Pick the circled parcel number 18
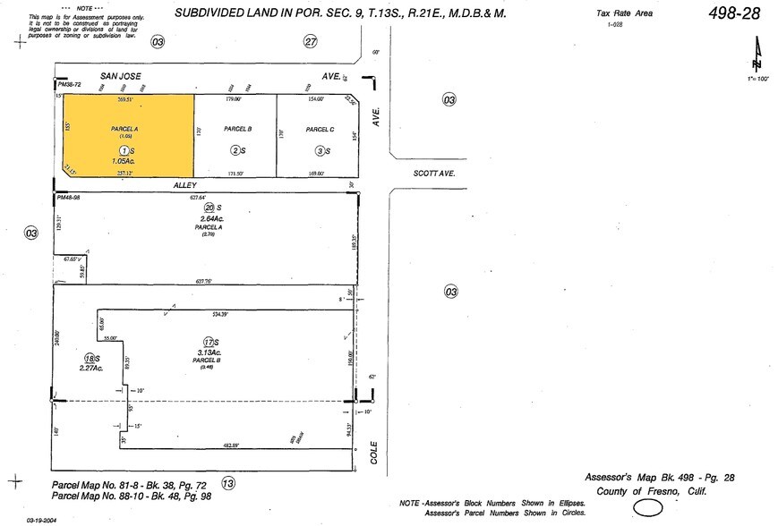pyautogui.click(x=90, y=358)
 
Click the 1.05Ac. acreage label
pyautogui.click(x=125, y=161)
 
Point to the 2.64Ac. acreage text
pyautogui.click(x=208, y=218)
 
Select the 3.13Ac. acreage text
pyautogui.click(x=209, y=353)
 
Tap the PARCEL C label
pyautogui.click(x=320, y=130)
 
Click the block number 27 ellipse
pyautogui.click(x=311, y=41)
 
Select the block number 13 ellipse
pyautogui.click(x=227, y=483)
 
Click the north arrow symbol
pyautogui.click(x=758, y=55)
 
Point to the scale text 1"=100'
pyautogui.click(x=757, y=81)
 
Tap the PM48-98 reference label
pyautogui.click(x=68, y=197)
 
